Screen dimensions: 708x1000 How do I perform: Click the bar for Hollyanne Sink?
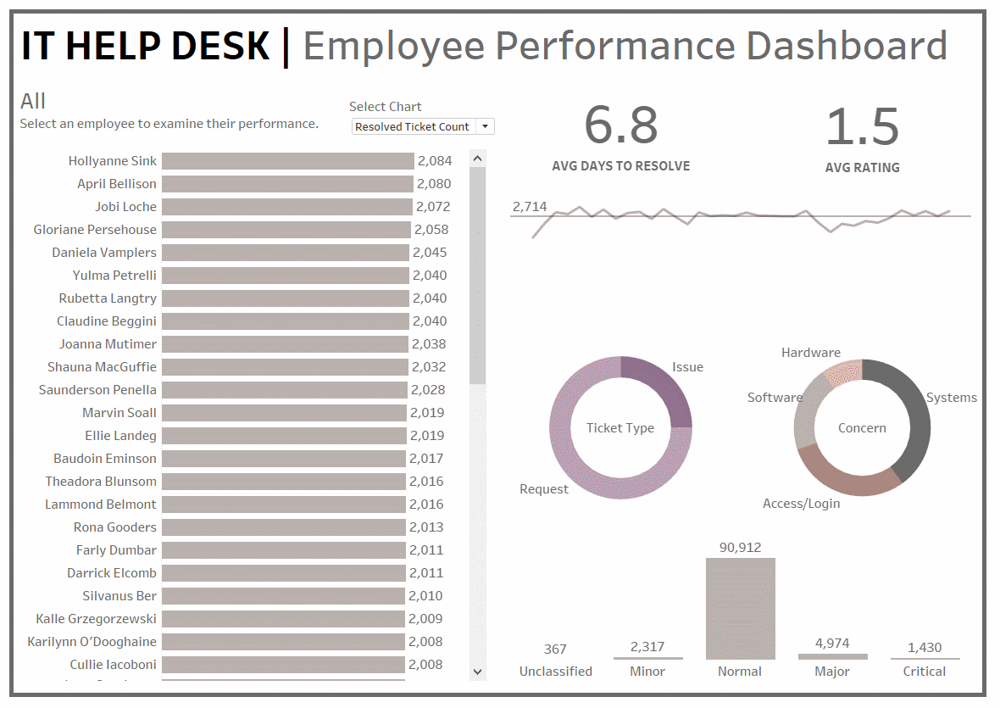click(287, 161)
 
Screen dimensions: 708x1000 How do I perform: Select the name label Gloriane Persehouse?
click(95, 230)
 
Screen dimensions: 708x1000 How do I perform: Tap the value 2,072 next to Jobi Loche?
click(432, 207)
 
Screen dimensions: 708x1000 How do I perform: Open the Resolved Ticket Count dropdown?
click(485, 126)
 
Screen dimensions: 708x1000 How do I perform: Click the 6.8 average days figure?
click(620, 125)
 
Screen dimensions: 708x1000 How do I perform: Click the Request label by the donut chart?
click(544, 489)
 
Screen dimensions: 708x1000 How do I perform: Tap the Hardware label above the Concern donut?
click(810, 353)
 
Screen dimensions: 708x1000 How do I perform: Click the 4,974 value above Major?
click(832, 644)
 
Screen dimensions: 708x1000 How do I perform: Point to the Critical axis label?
click(925, 672)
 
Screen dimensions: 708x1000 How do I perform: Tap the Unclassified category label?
click(555, 672)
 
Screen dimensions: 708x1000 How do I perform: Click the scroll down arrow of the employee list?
click(477, 672)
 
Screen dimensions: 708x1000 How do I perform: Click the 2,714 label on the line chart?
click(530, 207)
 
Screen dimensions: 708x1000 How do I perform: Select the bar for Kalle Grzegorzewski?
click(283, 619)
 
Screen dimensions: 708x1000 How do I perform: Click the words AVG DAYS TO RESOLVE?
click(620, 166)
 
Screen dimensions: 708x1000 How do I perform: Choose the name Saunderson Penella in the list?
click(97, 390)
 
